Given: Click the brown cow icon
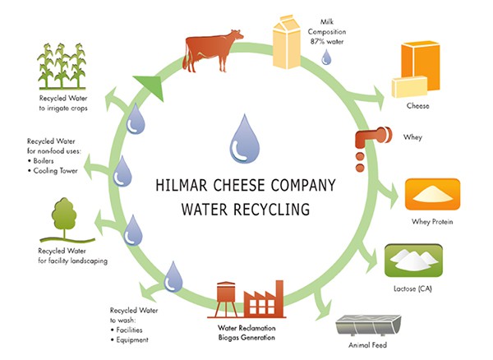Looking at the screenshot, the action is point(213,50).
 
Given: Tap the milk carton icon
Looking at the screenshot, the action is point(286,41).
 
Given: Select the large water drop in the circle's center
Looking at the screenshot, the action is point(245,139).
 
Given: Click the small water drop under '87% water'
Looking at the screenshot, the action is point(326,58).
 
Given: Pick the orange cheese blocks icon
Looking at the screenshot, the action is point(416,69).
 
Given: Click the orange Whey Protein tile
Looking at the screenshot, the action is point(432,194).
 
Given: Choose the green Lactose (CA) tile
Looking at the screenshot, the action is point(413,261).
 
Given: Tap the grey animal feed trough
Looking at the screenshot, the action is point(368,326).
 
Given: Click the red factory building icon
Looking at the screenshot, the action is point(264,299).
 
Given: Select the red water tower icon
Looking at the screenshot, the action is point(226,299).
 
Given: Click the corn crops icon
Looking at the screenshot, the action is point(62,66).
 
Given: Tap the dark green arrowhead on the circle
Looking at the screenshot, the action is point(150,86).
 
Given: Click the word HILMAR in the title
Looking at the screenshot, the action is point(182,185).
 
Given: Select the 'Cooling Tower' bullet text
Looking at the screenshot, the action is point(55,171).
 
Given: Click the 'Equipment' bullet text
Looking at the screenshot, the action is point(132,340).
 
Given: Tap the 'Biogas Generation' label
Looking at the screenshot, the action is point(246,338).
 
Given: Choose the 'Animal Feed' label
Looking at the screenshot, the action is point(367,345).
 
